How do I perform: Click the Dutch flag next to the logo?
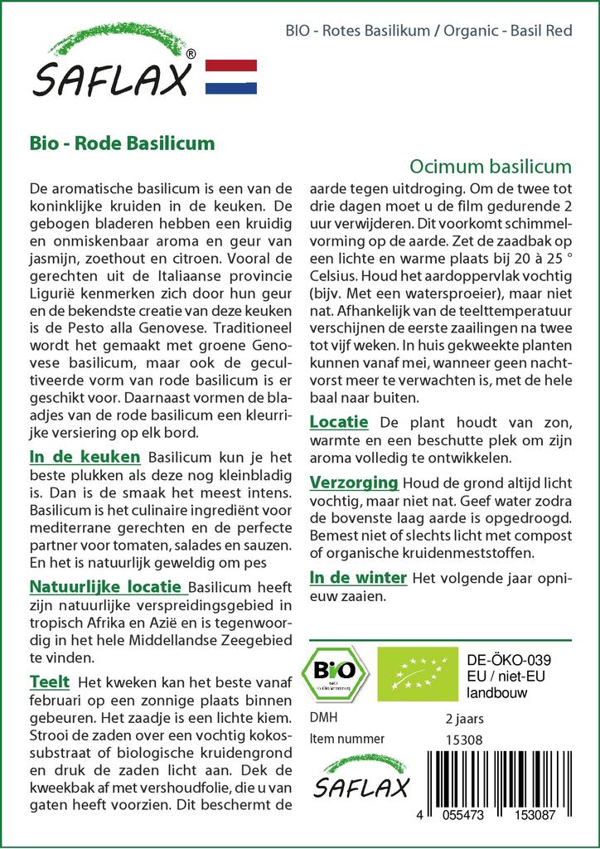pos(230,76)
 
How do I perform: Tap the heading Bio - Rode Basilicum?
pos(122,143)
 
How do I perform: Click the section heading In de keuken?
pos(85,457)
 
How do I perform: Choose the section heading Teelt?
pos(49,682)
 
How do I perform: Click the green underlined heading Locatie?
pos(339,422)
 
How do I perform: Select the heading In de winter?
pos(358,577)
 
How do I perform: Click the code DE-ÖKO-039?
pos(509,660)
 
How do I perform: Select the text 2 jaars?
pos(465,718)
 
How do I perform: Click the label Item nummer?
pos(346,739)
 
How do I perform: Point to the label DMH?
pos(323,717)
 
